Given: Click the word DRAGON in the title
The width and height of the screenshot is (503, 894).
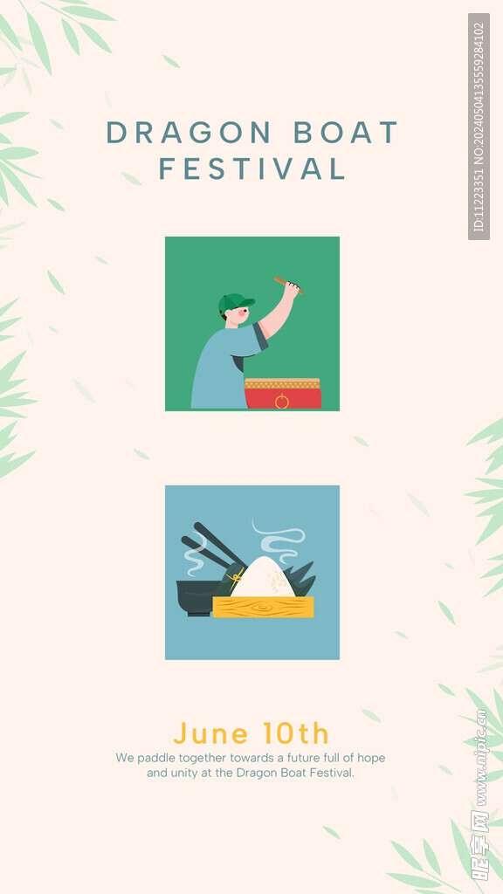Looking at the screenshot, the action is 189,133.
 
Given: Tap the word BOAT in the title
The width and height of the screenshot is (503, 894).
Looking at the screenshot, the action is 346,133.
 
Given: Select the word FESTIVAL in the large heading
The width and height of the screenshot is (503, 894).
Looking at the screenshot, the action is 252,168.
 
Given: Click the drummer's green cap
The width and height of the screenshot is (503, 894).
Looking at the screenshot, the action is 235,303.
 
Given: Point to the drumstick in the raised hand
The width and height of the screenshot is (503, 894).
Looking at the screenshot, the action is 287,285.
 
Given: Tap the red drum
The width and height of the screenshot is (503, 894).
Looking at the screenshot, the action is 282,394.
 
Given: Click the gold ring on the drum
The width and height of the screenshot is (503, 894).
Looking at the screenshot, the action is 282,402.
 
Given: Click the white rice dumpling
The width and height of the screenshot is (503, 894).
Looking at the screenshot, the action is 263,578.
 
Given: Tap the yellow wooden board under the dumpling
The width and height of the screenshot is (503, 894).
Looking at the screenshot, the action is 263,607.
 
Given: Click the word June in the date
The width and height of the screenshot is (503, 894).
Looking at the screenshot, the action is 211,733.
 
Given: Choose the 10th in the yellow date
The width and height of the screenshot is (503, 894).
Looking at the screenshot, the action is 296,733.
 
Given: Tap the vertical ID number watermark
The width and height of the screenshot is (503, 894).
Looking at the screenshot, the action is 479,127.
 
